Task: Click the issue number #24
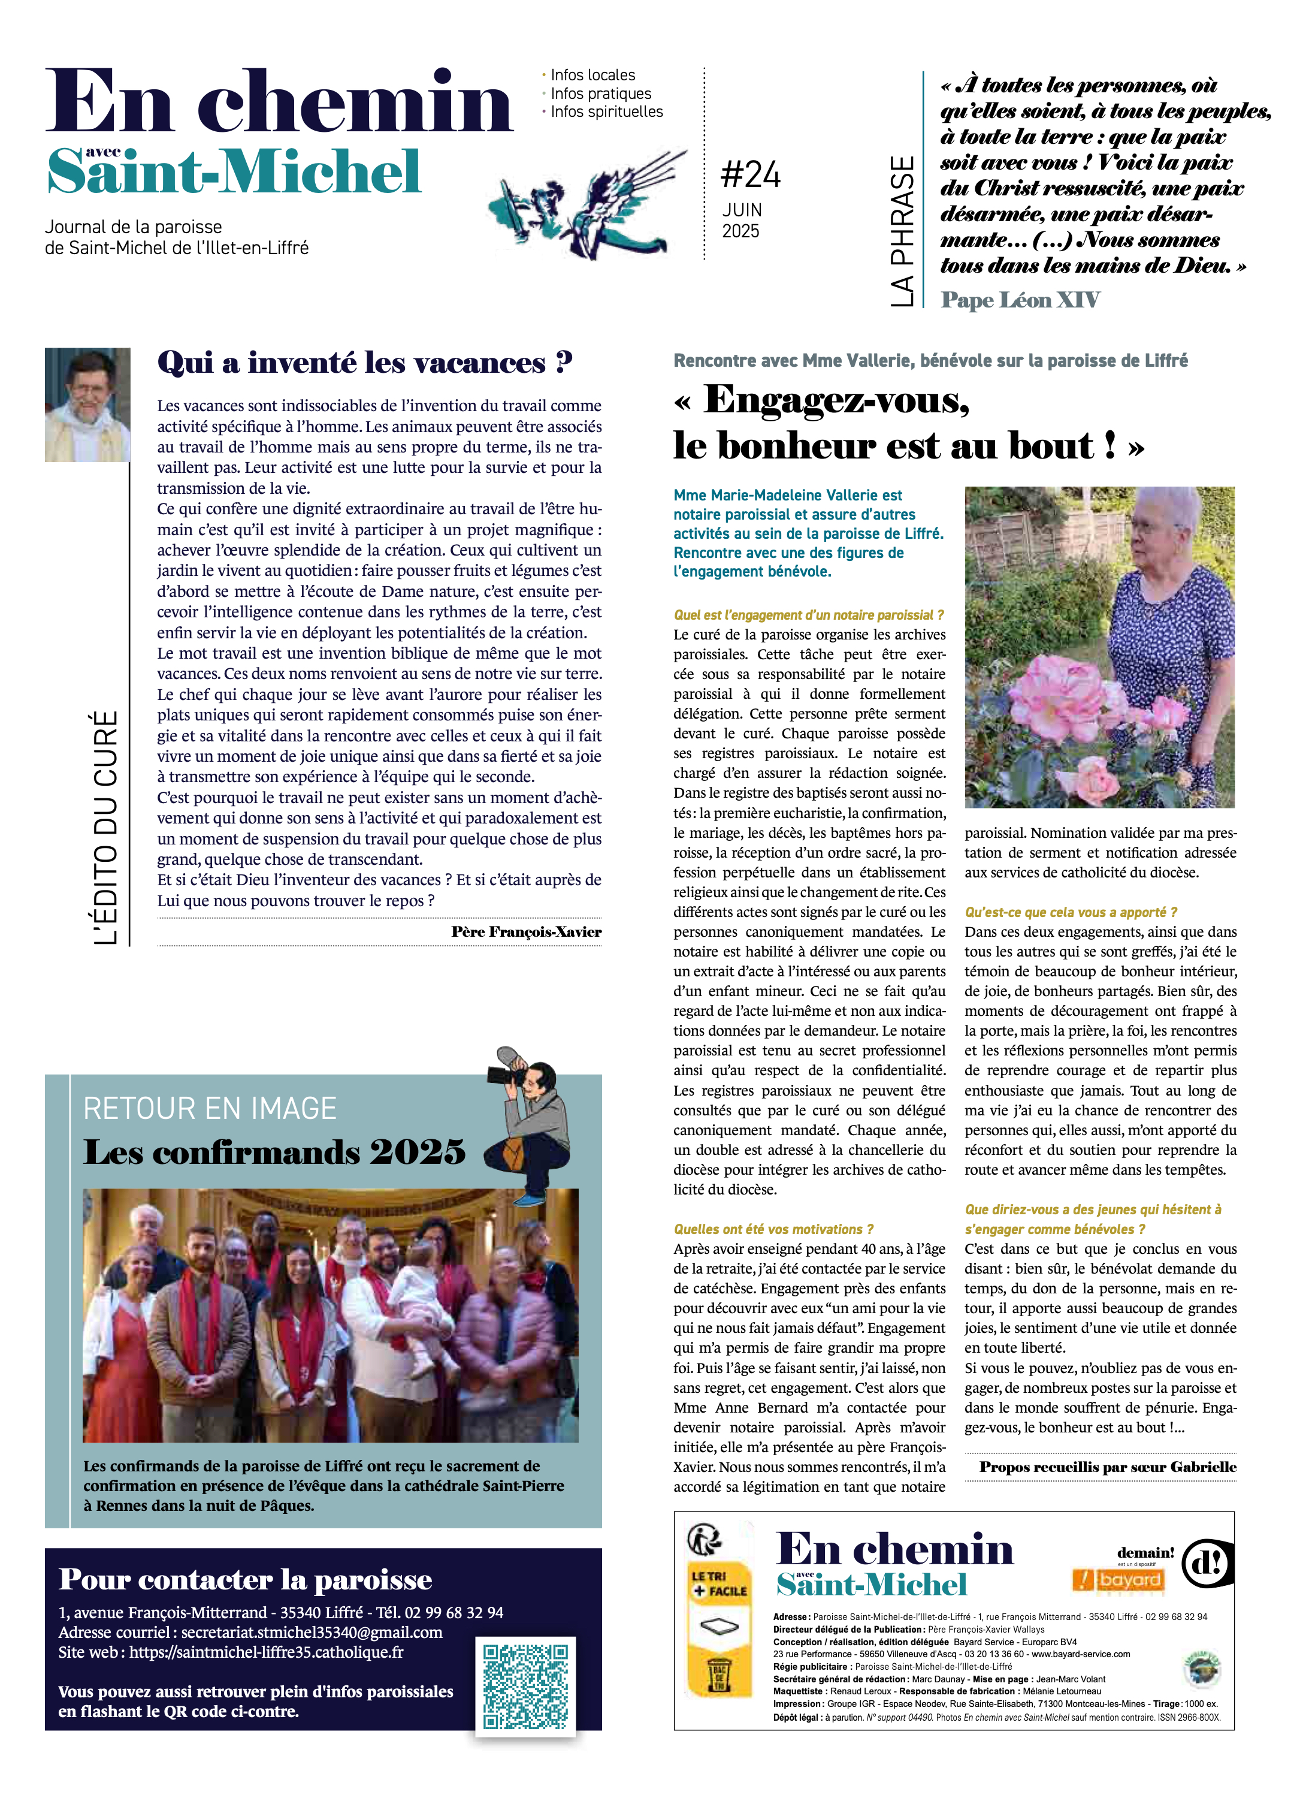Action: pyautogui.click(x=750, y=174)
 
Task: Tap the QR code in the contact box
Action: pyautogui.click(x=525, y=1685)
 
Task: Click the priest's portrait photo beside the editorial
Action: pyautogui.click(x=87, y=405)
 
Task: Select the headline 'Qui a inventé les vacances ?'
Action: pyautogui.click(x=365, y=362)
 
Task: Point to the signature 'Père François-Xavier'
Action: pyautogui.click(x=525, y=931)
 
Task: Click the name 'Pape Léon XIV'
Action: pyautogui.click(x=1020, y=300)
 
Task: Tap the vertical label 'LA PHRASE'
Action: pyautogui.click(x=901, y=231)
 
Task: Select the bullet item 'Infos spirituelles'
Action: pyautogui.click(x=606, y=112)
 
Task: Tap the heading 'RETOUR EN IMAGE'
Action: pyautogui.click(x=210, y=1108)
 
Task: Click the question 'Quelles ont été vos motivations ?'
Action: pyautogui.click(x=773, y=1229)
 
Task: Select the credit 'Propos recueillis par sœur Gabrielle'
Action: pyautogui.click(x=1107, y=1467)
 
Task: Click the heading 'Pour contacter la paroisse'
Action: pyautogui.click(x=246, y=1579)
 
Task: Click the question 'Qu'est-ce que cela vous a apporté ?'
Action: pyautogui.click(x=1071, y=912)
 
